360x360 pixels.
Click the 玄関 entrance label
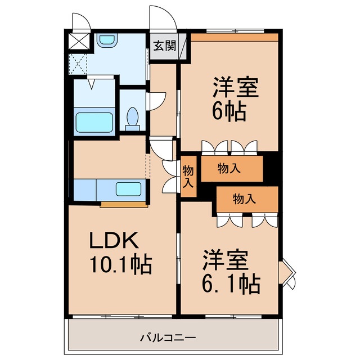(x=164, y=46)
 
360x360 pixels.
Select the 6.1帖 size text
(x=231, y=285)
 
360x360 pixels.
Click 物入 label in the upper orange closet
(x=230, y=168)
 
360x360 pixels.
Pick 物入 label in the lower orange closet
(x=245, y=198)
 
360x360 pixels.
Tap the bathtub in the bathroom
(x=94, y=120)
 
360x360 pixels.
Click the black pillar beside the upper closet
(x=272, y=166)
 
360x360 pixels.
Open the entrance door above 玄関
(x=163, y=20)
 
